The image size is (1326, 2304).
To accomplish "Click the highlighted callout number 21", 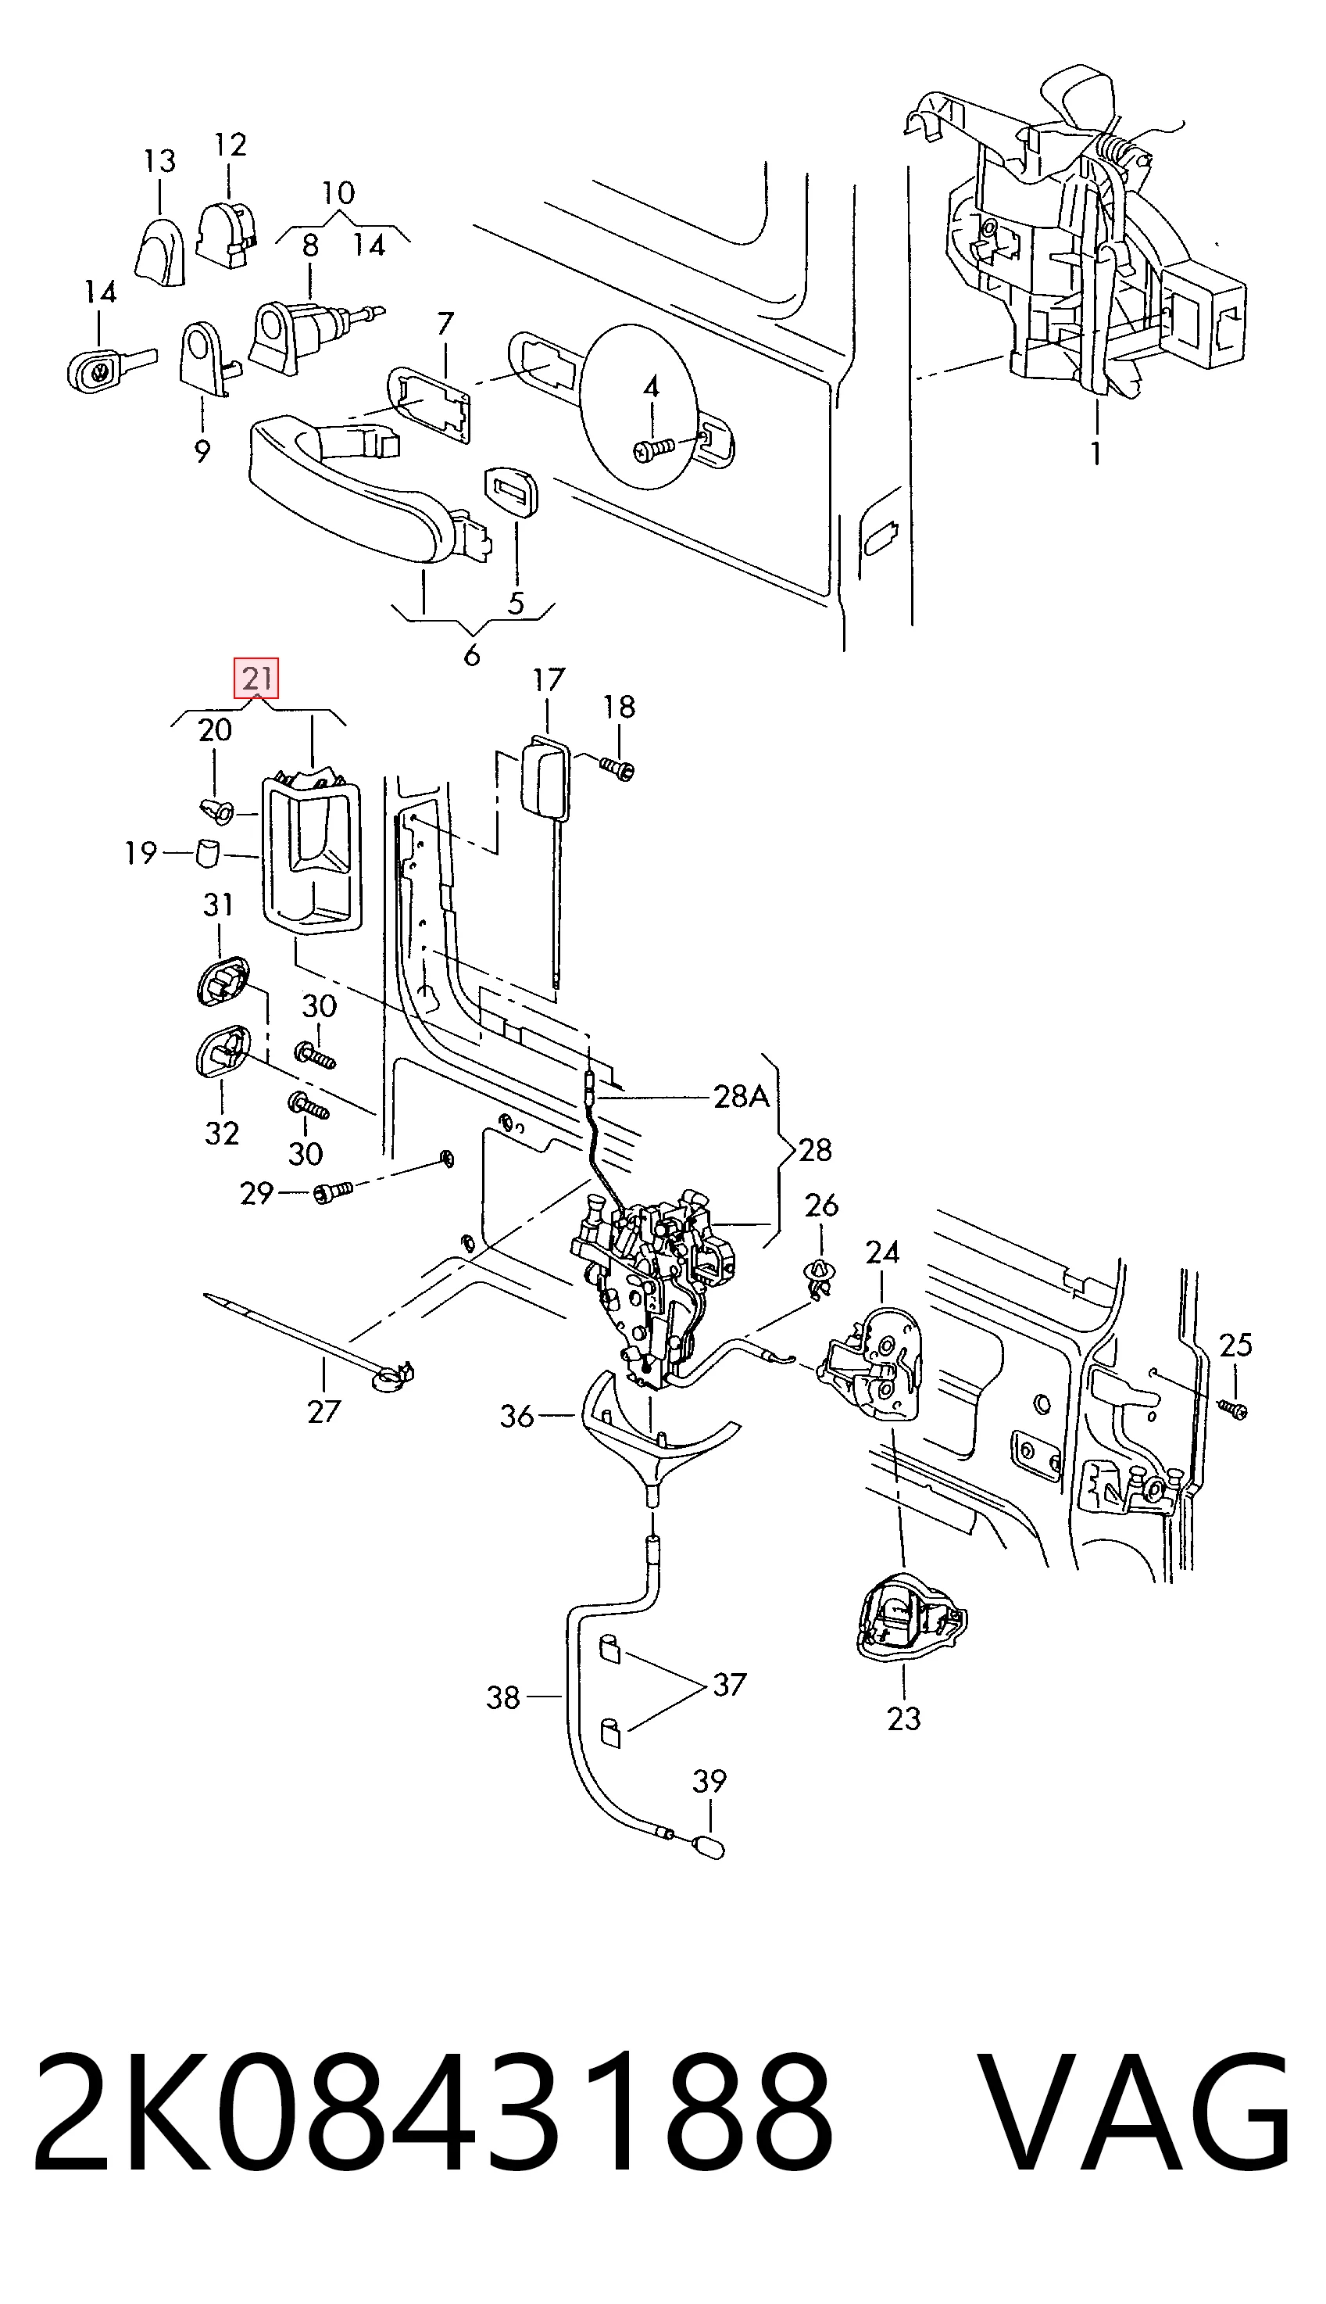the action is (x=256, y=678).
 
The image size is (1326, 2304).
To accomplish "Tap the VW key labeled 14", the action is (x=111, y=367).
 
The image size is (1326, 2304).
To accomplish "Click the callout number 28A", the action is (x=742, y=1097).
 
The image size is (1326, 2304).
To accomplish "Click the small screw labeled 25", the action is (x=1234, y=1410).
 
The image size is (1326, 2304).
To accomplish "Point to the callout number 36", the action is (x=517, y=1416).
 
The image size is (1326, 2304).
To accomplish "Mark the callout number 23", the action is (x=903, y=1718).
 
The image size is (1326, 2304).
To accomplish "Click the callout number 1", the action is (x=1095, y=452).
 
